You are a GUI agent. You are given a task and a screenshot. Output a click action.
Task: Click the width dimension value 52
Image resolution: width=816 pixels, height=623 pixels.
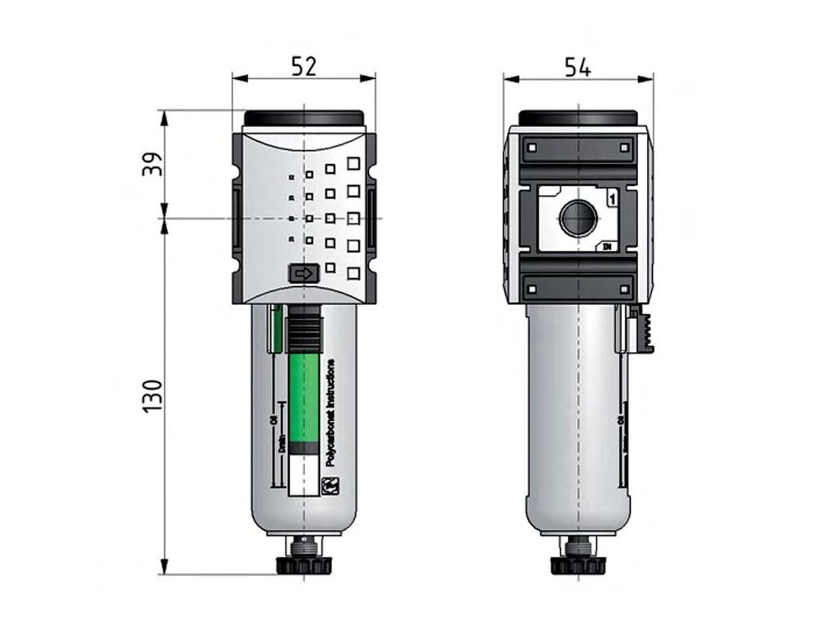[x=304, y=66]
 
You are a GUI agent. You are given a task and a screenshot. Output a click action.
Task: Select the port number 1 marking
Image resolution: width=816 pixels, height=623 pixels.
[x=612, y=197]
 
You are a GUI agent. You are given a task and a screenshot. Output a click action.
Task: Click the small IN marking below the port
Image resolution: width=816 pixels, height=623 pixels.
[x=608, y=246]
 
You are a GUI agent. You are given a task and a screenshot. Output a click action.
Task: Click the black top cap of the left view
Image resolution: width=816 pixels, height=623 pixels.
[x=304, y=119]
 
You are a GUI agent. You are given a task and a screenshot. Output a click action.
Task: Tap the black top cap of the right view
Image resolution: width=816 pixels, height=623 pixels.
[x=578, y=117]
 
